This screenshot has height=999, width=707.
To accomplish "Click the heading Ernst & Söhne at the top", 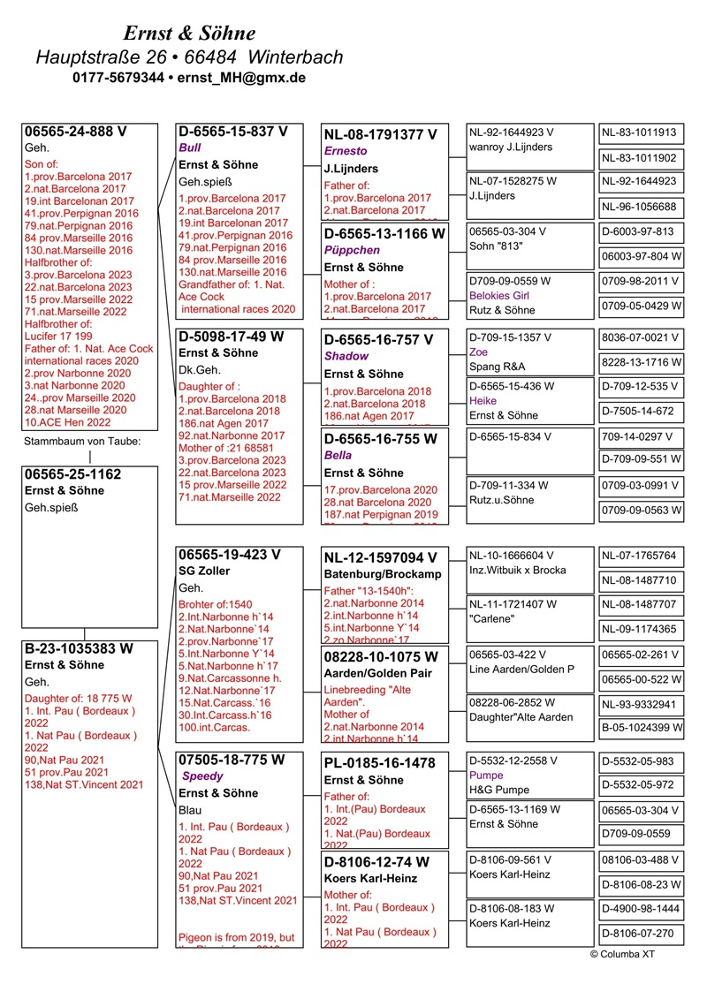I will [189, 34].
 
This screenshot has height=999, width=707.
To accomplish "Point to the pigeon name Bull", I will [190, 148].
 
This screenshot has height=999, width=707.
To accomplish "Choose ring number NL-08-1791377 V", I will [380, 135].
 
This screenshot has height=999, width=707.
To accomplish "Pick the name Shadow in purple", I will [346, 356].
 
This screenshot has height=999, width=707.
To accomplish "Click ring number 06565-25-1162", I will [73, 474].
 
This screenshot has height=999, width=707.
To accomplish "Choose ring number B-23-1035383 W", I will [79, 648].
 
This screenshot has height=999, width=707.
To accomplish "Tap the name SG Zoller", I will [204, 571].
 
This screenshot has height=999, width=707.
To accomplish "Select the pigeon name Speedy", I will [202, 776].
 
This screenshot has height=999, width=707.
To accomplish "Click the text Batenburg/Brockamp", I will [383, 574].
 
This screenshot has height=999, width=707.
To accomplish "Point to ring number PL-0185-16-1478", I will [379, 763].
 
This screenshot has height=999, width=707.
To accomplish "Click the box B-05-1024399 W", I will [642, 728].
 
